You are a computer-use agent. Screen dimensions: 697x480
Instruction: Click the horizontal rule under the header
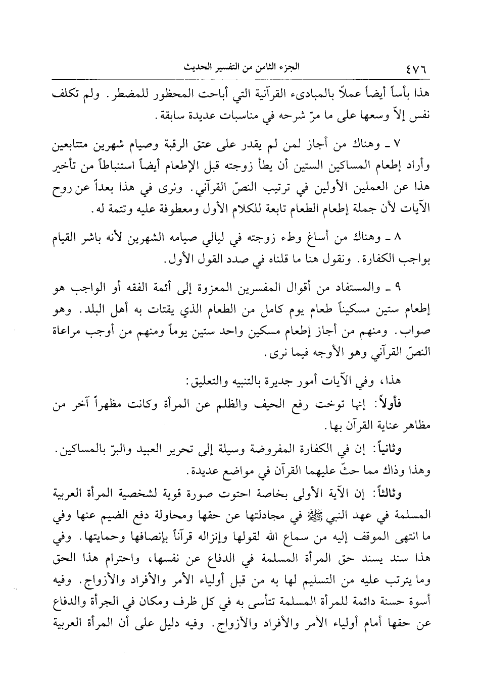240,78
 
